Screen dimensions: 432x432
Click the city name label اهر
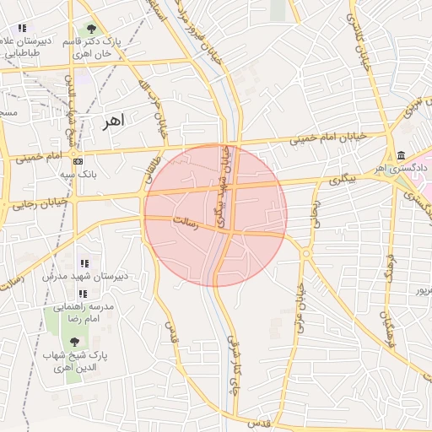coord(111,121)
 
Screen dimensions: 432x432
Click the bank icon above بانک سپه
coord(78,160)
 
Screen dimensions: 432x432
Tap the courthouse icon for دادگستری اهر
coord(401,156)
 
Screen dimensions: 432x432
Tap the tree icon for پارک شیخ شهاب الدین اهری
coord(74,343)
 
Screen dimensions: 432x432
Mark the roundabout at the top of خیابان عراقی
coord(305,251)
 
